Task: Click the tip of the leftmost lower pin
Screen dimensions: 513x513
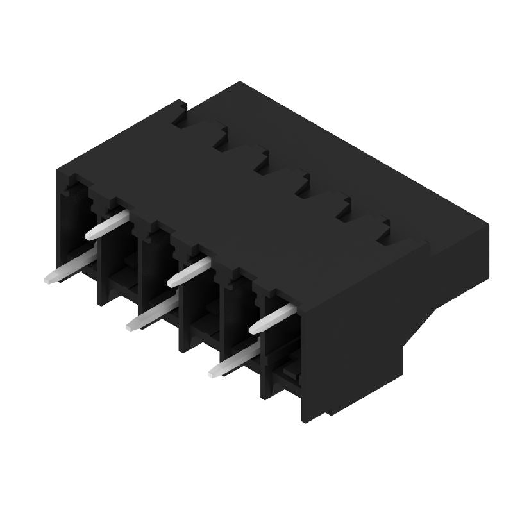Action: pyautogui.click(x=49, y=279)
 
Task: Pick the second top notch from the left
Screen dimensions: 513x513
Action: pyautogui.click(x=221, y=140)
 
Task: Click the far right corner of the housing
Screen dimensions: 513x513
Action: pyautogui.click(x=488, y=226)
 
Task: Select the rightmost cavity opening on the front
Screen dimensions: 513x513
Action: pyautogui.click(x=282, y=346)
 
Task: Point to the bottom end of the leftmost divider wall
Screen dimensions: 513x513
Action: pyautogui.click(x=101, y=301)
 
